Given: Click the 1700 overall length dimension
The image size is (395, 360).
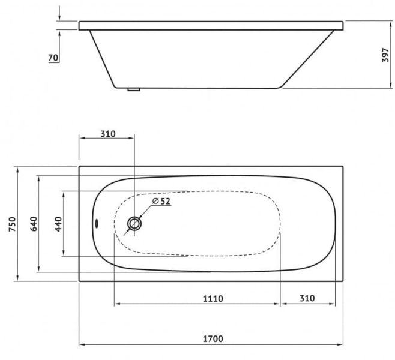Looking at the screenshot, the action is coord(213,338).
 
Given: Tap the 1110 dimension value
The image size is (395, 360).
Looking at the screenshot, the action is coord(213,299).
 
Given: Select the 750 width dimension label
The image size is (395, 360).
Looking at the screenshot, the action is coord(13,224).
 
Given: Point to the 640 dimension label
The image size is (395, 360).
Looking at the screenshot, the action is coord(34,224).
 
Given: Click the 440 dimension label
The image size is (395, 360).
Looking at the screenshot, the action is coord(58,224).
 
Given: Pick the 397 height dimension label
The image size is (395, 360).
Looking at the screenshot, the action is coord(385,55).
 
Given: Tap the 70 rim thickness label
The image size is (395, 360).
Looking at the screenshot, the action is coord(53,58).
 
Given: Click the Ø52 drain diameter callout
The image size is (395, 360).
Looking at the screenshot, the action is coord(161,201).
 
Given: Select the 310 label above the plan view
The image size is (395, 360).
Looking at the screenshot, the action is coord(108,134).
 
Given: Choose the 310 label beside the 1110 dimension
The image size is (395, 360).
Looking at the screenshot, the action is coord(307,298).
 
